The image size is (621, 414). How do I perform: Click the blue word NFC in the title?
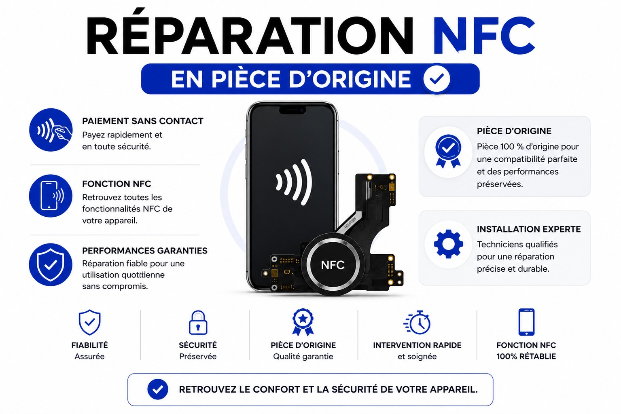[x=484, y=35]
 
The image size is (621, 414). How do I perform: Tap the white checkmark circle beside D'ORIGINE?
[x=437, y=79]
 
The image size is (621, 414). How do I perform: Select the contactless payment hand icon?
[x=51, y=130]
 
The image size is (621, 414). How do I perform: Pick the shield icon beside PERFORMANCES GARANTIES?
[x=51, y=265]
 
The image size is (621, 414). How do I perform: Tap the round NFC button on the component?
[x=333, y=265]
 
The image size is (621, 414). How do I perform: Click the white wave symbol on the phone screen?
[x=294, y=182]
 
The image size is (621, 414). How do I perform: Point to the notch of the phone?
[x=292, y=110]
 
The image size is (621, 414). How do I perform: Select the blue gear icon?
[x=448, y=244]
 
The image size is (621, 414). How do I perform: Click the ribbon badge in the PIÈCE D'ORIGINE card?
[x=448, y=151]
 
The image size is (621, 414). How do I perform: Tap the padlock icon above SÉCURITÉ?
[x=198, y=323]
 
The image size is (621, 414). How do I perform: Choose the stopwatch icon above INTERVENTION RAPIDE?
[x=417, y=322]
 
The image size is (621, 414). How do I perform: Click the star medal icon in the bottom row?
[x=303, y=322]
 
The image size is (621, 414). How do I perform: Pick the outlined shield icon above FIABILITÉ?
[x=89, y=322]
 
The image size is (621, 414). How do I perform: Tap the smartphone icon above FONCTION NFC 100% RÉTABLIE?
[x=526, y=322]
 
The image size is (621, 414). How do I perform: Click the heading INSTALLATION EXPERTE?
[x=529, y=229]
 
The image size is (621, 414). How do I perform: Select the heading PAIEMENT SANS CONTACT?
[x=143, y=121]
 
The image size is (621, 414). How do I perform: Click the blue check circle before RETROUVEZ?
[x=158, y=389]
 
